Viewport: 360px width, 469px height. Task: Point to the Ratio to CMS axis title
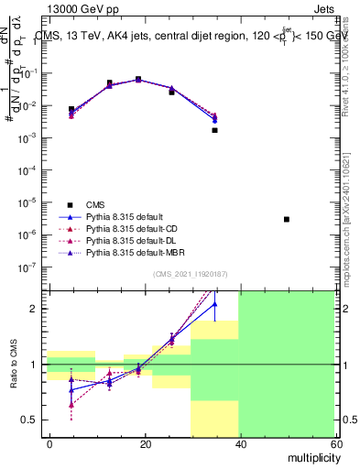pyautogui.click(x=15, y=366)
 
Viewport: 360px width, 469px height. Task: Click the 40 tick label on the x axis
pyautogui.click(x=239, y=443)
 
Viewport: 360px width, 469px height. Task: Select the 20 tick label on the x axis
pyautogui.click(x=145, y=443)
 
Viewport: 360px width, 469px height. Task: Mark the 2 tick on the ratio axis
pyautogui.click(x=38, y=309)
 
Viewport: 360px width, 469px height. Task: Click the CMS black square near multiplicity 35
pyautogui.click(x=214, y=130)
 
